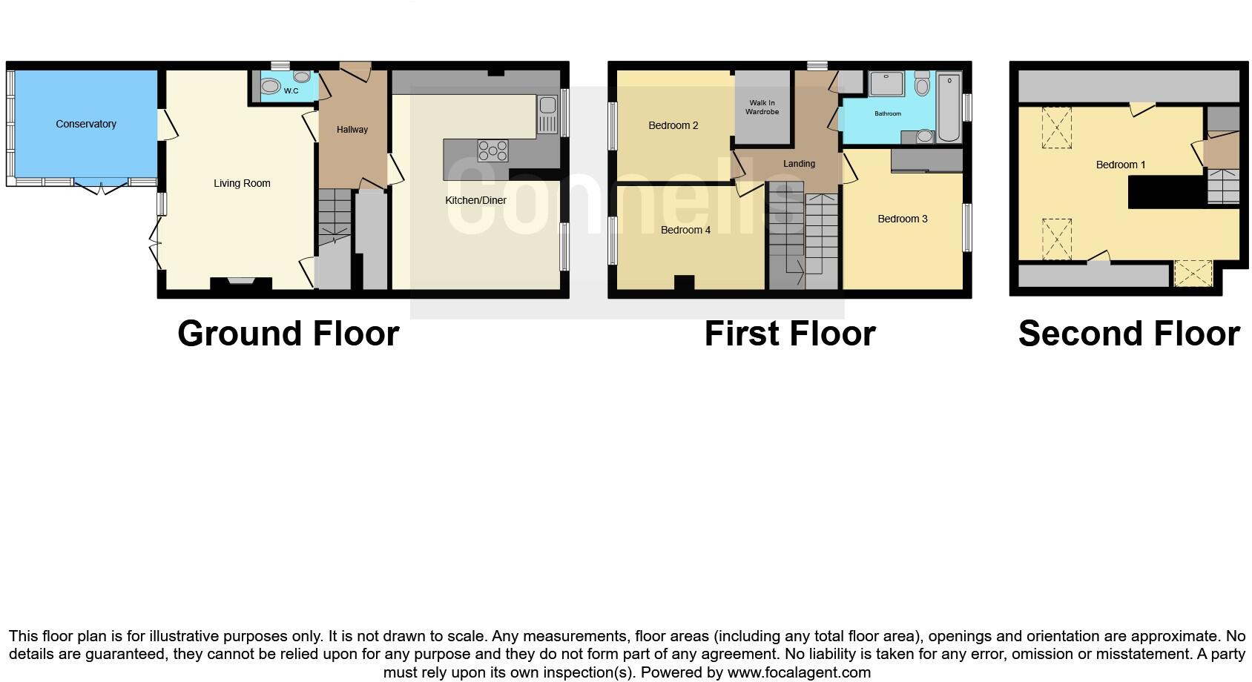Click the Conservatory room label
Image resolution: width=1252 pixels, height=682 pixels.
pyautogui.click(x=86, y=124)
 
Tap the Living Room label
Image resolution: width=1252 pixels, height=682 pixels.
pyautogui.click(x=242, y=183)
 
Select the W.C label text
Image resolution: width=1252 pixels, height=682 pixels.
pyautogui.click(x=291, y=91)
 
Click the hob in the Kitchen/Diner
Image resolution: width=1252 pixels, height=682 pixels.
pyautogui.click(x=493, y=150)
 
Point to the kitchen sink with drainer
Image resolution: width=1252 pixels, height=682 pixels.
pyautogui.click(x=547, y=115)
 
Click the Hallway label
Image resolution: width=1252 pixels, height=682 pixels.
pyautogui.click(x=352, y=130)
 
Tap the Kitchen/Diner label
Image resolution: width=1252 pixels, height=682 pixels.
pyautogui.click(x=475, y=200)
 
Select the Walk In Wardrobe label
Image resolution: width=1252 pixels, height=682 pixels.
pyautogui.click(x=762, y=107)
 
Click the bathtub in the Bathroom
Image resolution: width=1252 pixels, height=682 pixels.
pyautogui.click(x=949, y=107)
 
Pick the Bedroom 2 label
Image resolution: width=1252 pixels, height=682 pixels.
pyautogui.click(x=673, y=125)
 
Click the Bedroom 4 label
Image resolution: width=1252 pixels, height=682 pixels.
pyautogui.click(x=685, y=230)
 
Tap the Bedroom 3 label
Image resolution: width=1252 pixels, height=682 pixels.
pyautogui.click(x=902, y=219)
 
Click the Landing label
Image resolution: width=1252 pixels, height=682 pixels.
pyautogui.click(x=799, y=164)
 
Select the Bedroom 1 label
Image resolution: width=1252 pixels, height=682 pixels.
pyautogui.click(x=1120, y=165)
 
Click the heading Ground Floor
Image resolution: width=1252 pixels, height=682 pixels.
pyautogui.click(x=288, y=334)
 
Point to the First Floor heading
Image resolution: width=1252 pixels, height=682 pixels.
pyautogui.click(x=789, y=334)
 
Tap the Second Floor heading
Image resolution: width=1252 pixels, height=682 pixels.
pyautogui.click(x=1128, y=334)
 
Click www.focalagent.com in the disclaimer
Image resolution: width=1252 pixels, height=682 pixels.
pyautogui.click(x=798, y=672)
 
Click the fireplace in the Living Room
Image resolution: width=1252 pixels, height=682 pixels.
pyautogui.click(x=240, y=282)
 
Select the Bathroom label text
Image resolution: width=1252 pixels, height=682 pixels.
pyautogui.click(x=887, y=113)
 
